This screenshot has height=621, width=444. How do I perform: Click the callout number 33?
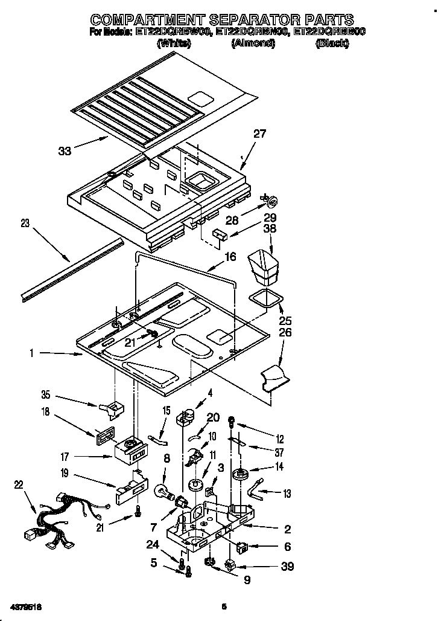(x=65, y=150)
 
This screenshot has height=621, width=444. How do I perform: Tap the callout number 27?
(x=259, y=134)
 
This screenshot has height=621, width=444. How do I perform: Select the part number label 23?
(x=24, y=223)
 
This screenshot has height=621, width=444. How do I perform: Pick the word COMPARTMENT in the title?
(x=148, y=19)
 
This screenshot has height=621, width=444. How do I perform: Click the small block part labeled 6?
(x=242, y=547)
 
